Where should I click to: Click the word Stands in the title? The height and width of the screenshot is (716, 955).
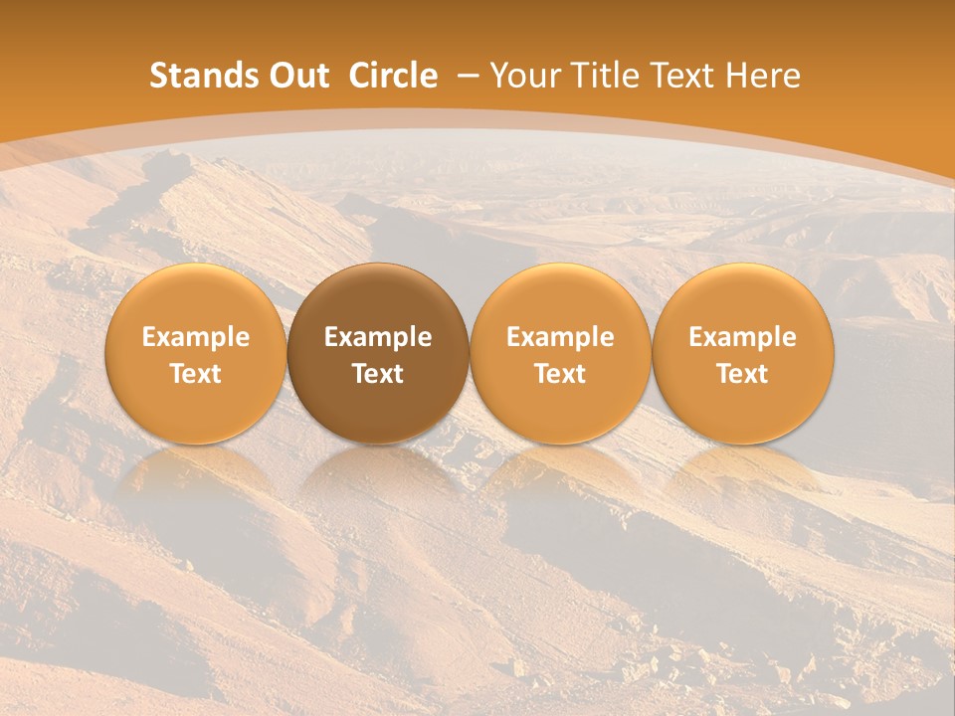[x=198, y=76]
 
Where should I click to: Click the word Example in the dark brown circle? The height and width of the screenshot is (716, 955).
[x=378, y=337]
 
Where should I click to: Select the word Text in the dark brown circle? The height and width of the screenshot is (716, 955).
[x=378, y=374]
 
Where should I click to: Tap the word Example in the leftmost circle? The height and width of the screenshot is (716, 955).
[x=196, y=337]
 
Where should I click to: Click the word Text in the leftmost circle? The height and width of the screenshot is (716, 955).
[x=196, y=374]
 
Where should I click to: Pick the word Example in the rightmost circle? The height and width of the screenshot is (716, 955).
[x=743, y=337]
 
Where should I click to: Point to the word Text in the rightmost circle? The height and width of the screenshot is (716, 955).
[x=743, y=374]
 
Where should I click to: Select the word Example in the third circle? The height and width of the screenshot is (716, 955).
[x=560, y=337]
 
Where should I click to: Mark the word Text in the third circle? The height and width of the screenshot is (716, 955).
[x=560, y=374]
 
